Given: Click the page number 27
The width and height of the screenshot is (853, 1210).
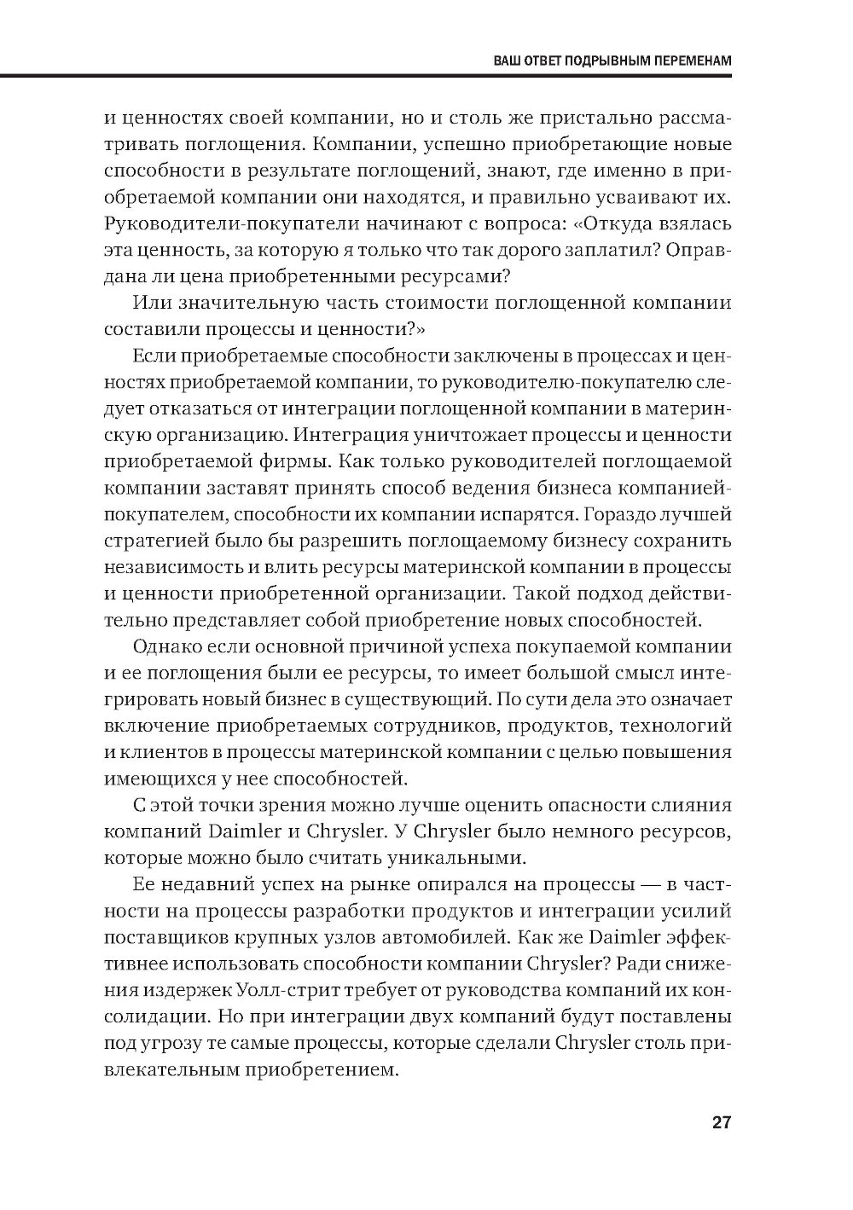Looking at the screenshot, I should tap(721, 1122).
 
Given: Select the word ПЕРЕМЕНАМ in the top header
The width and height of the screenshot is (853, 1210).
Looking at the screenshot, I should tap(689, 62).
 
